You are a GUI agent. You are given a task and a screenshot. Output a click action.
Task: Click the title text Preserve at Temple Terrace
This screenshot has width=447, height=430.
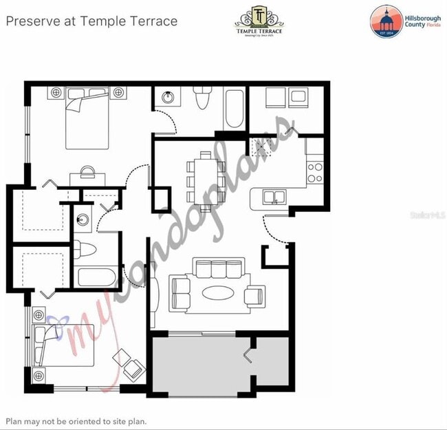[x=91, y=21]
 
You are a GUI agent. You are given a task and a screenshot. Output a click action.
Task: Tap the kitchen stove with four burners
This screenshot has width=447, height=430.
[x=315, y=172]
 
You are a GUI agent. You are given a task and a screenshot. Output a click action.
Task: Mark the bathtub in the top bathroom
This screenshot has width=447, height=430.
[x=234, y=109]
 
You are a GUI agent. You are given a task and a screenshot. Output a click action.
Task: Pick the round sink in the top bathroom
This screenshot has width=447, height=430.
[x=168, y=97]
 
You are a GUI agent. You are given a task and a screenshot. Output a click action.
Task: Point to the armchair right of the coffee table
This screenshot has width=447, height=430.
[x=254, y=295]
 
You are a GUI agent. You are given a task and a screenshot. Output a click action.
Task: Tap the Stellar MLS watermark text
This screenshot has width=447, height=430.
[x=428, y=215]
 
